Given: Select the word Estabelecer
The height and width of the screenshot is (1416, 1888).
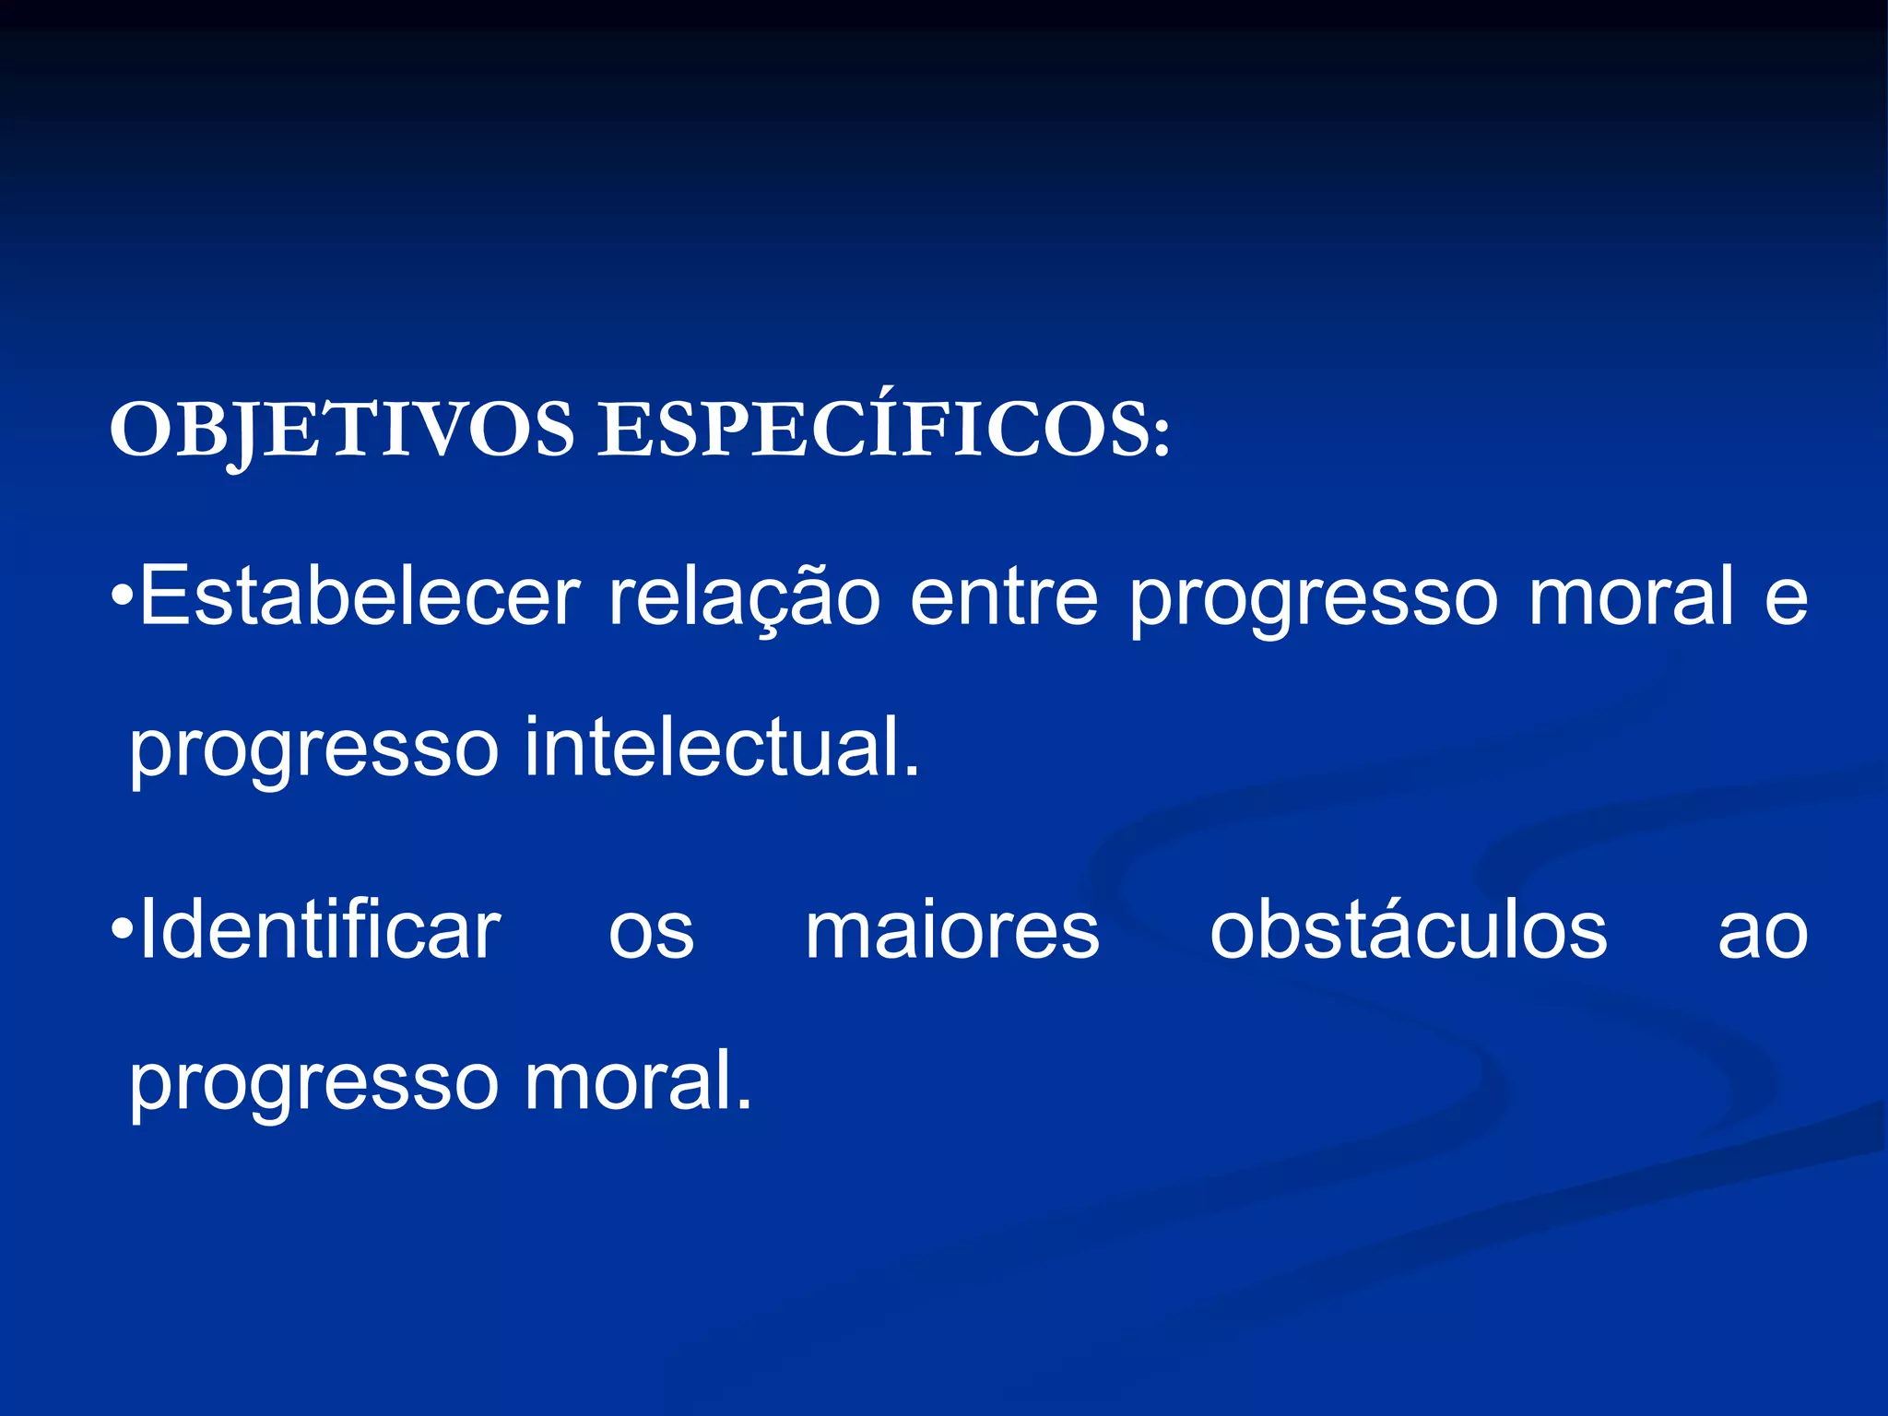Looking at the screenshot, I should (x=360, y=596).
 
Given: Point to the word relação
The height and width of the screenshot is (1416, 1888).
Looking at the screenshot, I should (x=744, y=596).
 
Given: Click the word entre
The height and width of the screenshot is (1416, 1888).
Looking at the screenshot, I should (x=1004, y=596).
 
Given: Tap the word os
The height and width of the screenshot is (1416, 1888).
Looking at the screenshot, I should (x=651, y=936).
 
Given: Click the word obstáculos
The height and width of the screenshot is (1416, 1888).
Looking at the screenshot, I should (x=1409, y=931).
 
